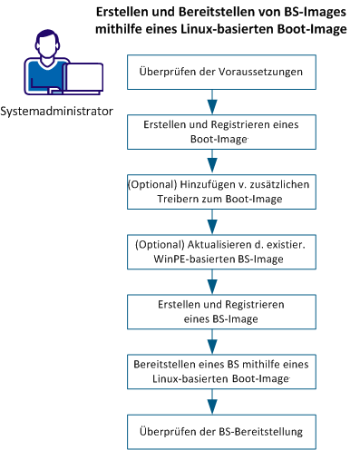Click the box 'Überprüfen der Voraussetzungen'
[x=213, y=70]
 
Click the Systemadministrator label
[x=57, y=112]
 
